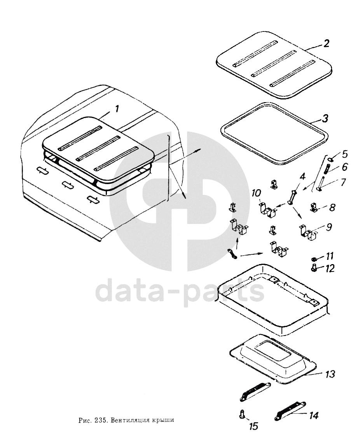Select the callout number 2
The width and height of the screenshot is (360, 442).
pos(326,44)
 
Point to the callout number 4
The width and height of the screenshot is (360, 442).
pos(302,177)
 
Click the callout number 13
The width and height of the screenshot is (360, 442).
pos(329,374)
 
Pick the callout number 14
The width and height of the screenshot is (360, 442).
pos(313,415)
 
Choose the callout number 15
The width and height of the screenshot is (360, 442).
pos(254,426)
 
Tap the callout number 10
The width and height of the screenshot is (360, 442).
pos(257,193)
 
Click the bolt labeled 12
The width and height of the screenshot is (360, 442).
pos(313,268)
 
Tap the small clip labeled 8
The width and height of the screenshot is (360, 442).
pos(314,207)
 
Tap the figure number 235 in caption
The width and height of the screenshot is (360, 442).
pos(100,420)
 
